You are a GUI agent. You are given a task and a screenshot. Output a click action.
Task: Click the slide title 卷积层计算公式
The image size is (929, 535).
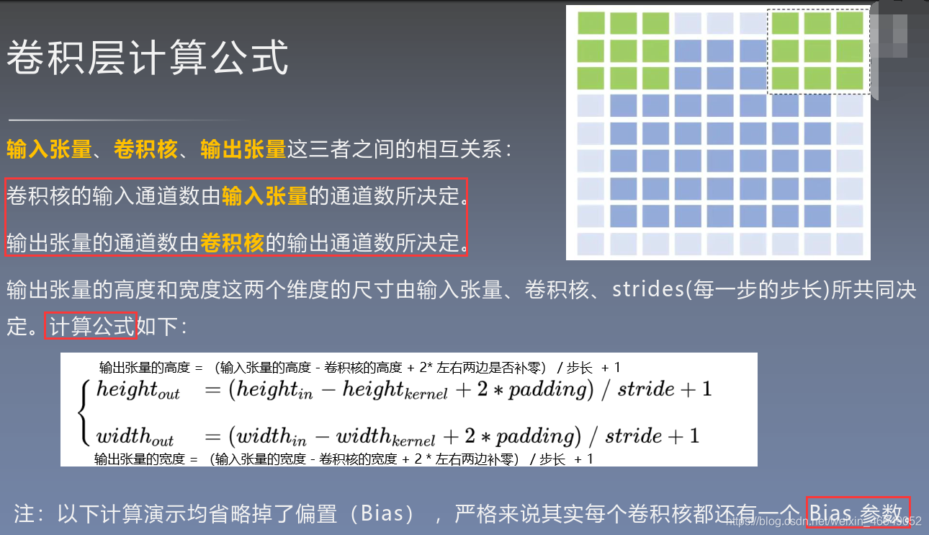point(148,58)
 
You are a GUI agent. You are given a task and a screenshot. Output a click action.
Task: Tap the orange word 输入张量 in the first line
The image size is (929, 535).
point(49,149)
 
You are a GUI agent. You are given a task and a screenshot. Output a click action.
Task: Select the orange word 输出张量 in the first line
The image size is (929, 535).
point(243,149)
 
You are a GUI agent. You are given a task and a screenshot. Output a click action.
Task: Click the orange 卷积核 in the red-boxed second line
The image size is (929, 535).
point(233,243)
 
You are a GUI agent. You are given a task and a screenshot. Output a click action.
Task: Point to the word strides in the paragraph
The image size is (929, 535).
point(647,290)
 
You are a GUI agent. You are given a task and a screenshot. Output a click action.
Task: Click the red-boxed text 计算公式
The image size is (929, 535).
point(92,327)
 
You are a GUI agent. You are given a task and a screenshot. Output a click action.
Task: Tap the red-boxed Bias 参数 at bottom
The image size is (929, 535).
point(857,513)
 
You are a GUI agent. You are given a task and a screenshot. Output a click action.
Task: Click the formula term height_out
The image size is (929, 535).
point(138,391)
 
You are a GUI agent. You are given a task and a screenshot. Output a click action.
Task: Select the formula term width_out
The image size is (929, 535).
point(135,437)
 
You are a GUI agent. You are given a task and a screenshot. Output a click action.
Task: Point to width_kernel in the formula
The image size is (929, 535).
point(385,437)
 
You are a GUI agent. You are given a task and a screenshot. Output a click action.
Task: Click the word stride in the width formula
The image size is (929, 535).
point(633,436)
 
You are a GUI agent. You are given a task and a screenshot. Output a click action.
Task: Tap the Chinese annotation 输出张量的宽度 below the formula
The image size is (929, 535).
point(140,459)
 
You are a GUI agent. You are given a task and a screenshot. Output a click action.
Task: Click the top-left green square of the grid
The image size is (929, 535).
point(591,23)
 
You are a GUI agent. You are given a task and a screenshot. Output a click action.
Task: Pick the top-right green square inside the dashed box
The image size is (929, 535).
point(850,23)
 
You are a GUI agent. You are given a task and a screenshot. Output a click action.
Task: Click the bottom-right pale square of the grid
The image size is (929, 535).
point(850,243)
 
